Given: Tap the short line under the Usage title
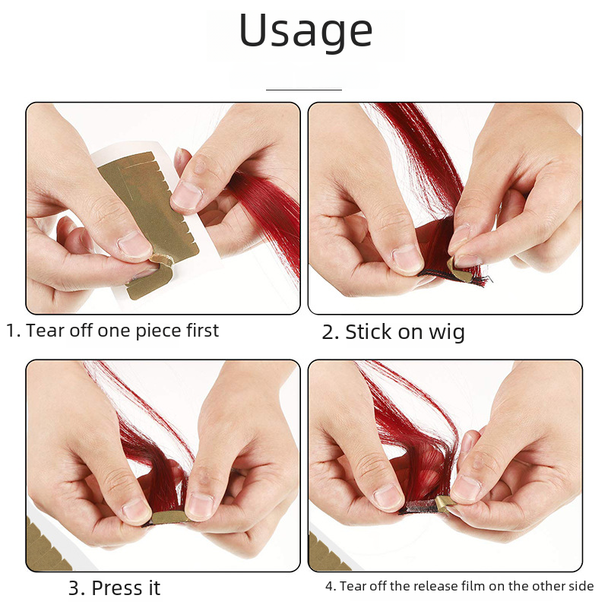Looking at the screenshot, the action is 303,90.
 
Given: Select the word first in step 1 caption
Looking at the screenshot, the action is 202,331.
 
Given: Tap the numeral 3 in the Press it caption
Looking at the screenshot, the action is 74,588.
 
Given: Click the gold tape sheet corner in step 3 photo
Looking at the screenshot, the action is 46,546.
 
